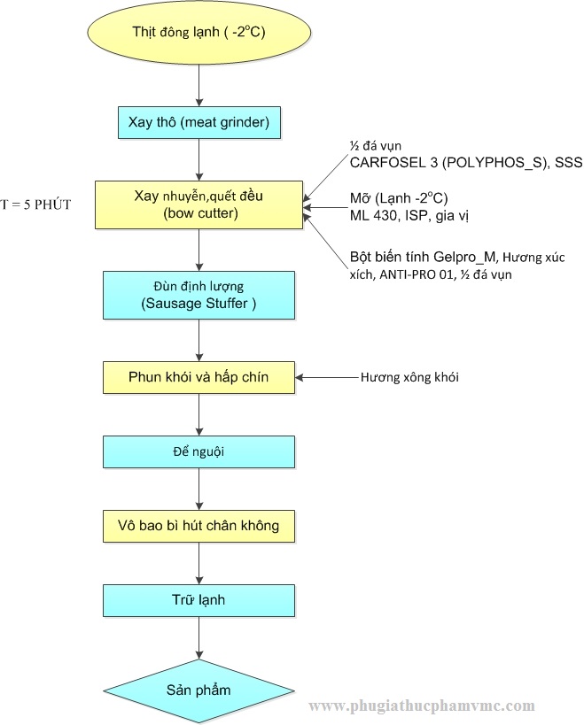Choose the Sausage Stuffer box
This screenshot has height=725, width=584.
tap(199, 296)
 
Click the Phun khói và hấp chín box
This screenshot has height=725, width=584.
tap(199, 377)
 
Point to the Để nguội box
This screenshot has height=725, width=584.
tap(199, 451)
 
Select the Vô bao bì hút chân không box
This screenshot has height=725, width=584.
tap(199, 526)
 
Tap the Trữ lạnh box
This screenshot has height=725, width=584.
tap(199, 600)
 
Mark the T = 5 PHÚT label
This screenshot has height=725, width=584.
tap(35, 204)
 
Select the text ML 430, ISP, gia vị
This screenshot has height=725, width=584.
tap(409, 213)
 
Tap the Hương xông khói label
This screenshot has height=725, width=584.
tap(409, 377)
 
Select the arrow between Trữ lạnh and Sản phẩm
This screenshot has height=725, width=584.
tap(199, 638)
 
